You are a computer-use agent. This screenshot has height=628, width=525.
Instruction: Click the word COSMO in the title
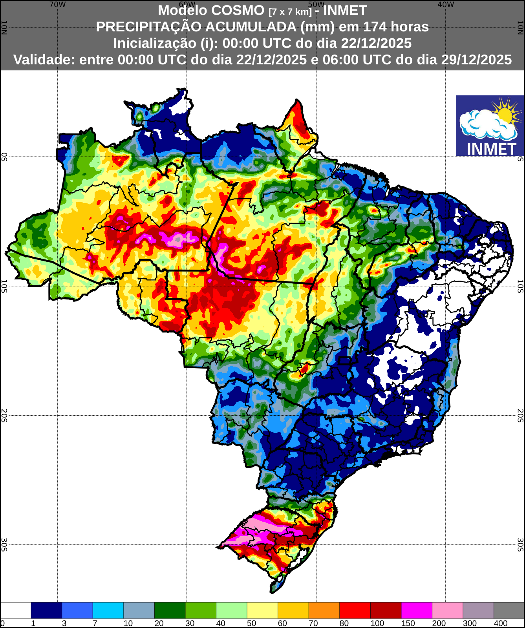pos(238,10)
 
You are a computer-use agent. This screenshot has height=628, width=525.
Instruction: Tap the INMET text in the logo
pos(491,149)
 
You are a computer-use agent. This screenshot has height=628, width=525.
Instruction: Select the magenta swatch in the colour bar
pos(417,610)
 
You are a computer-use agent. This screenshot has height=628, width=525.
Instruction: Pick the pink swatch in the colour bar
pos(447,610)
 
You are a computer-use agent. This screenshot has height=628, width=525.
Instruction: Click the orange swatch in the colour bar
pos(324,610)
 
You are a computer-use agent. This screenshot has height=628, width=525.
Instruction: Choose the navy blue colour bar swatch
pos(46,610)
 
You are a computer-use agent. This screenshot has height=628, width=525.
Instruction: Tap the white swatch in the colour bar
pos(16,610)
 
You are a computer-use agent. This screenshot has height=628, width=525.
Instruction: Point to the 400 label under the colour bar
pos(501,623)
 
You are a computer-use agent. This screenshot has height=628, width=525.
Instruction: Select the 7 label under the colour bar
pos(95,623)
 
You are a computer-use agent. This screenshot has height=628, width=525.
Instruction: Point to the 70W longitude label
pos(57,5)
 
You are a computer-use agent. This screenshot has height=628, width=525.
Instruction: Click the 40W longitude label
pos(446,5)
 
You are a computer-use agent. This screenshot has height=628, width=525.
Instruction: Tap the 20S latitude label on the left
pos(4,415)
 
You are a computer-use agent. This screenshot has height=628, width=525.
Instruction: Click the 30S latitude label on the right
pos(520,545)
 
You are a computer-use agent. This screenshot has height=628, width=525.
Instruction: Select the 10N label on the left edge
pos(4,27)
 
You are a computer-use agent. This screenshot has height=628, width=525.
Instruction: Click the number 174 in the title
pos(376,27)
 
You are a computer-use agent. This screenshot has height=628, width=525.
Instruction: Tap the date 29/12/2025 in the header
pos(476,60)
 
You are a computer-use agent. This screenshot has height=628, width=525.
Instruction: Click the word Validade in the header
pos(44,60)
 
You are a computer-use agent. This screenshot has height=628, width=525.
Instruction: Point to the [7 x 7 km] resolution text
pos(290,12)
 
